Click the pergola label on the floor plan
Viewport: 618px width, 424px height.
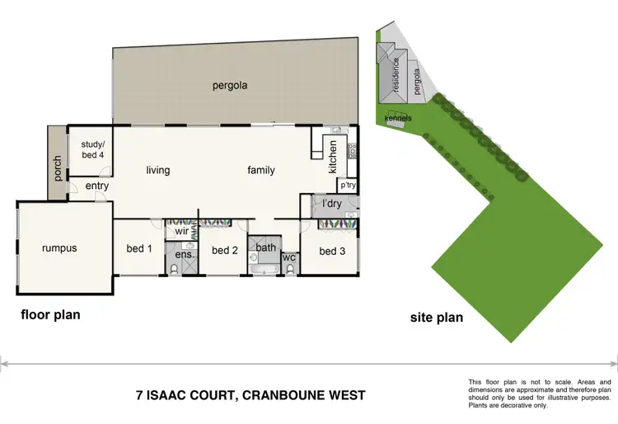pyautogui.click(x=230, y=85)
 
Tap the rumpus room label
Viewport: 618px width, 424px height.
pyautogui.click(x=59, y=247)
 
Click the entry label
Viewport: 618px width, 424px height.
pyautogui.click(x=97, y=186)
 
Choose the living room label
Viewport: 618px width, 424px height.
pyautogui.click(x=158, y=171)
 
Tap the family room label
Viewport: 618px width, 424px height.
pyautogui.click(x=261, y=171)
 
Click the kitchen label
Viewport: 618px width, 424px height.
pyautogui.click(x=333, y=158)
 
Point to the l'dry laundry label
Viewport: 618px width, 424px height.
pyautogui.click(x=331, y=203)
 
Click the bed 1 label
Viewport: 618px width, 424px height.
pyautogui.click(x=138, y=249)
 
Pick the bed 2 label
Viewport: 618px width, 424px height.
pyautogui.click(x=224, y=251)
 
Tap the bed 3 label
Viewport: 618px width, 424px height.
pyautogui.click(x=332, y=251)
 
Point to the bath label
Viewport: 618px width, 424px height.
pyautogui.click(x=265, y=247)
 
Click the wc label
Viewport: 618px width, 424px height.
pyautogui.click(x=289, y=257)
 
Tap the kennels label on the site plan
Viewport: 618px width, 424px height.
pyautogui.click(x=398, y=118)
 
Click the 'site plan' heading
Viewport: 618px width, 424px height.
pyautogui.click(x=437, y=317)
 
